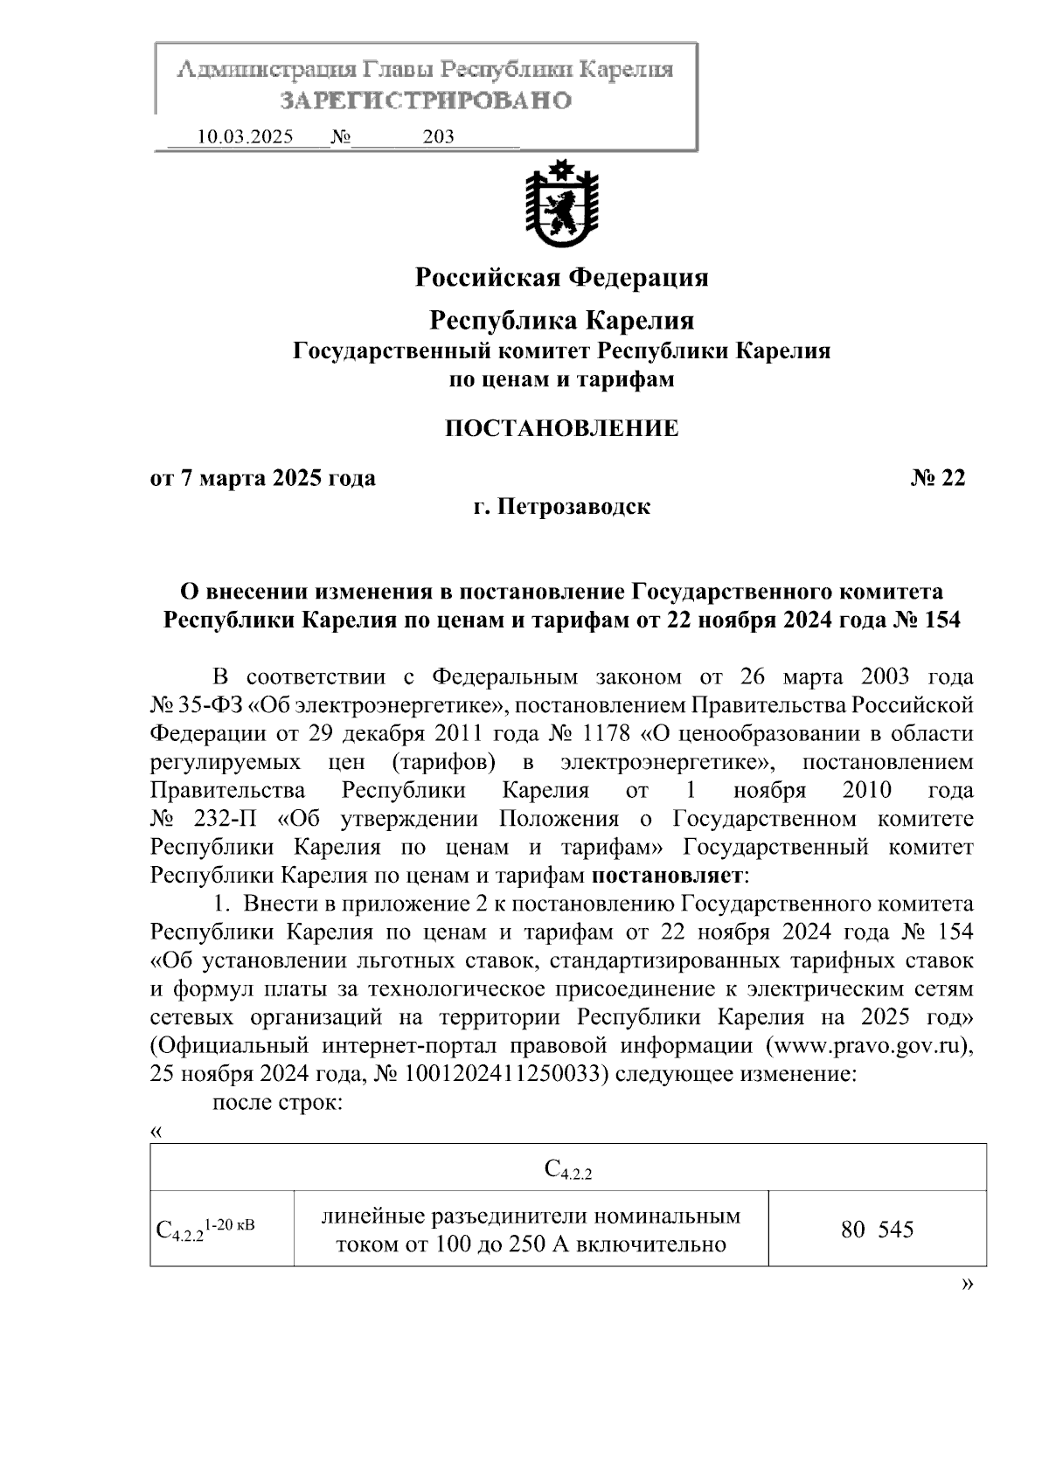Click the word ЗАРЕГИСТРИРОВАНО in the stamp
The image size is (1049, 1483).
425,100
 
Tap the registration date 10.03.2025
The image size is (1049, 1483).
246,137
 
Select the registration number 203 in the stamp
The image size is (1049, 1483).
438,137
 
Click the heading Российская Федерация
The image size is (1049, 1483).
561,278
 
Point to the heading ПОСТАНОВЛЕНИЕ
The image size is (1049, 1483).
561,428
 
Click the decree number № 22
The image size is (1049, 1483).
938,478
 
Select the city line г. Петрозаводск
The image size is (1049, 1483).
561,507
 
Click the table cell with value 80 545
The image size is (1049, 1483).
877,1230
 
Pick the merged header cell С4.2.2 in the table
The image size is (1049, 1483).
568,1168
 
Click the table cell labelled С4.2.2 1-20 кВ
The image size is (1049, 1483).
205,1230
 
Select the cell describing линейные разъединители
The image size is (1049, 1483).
531,1230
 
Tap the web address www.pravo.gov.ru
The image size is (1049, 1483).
868,1046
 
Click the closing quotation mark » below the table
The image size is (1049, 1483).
967,1284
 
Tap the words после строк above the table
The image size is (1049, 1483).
277,1103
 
